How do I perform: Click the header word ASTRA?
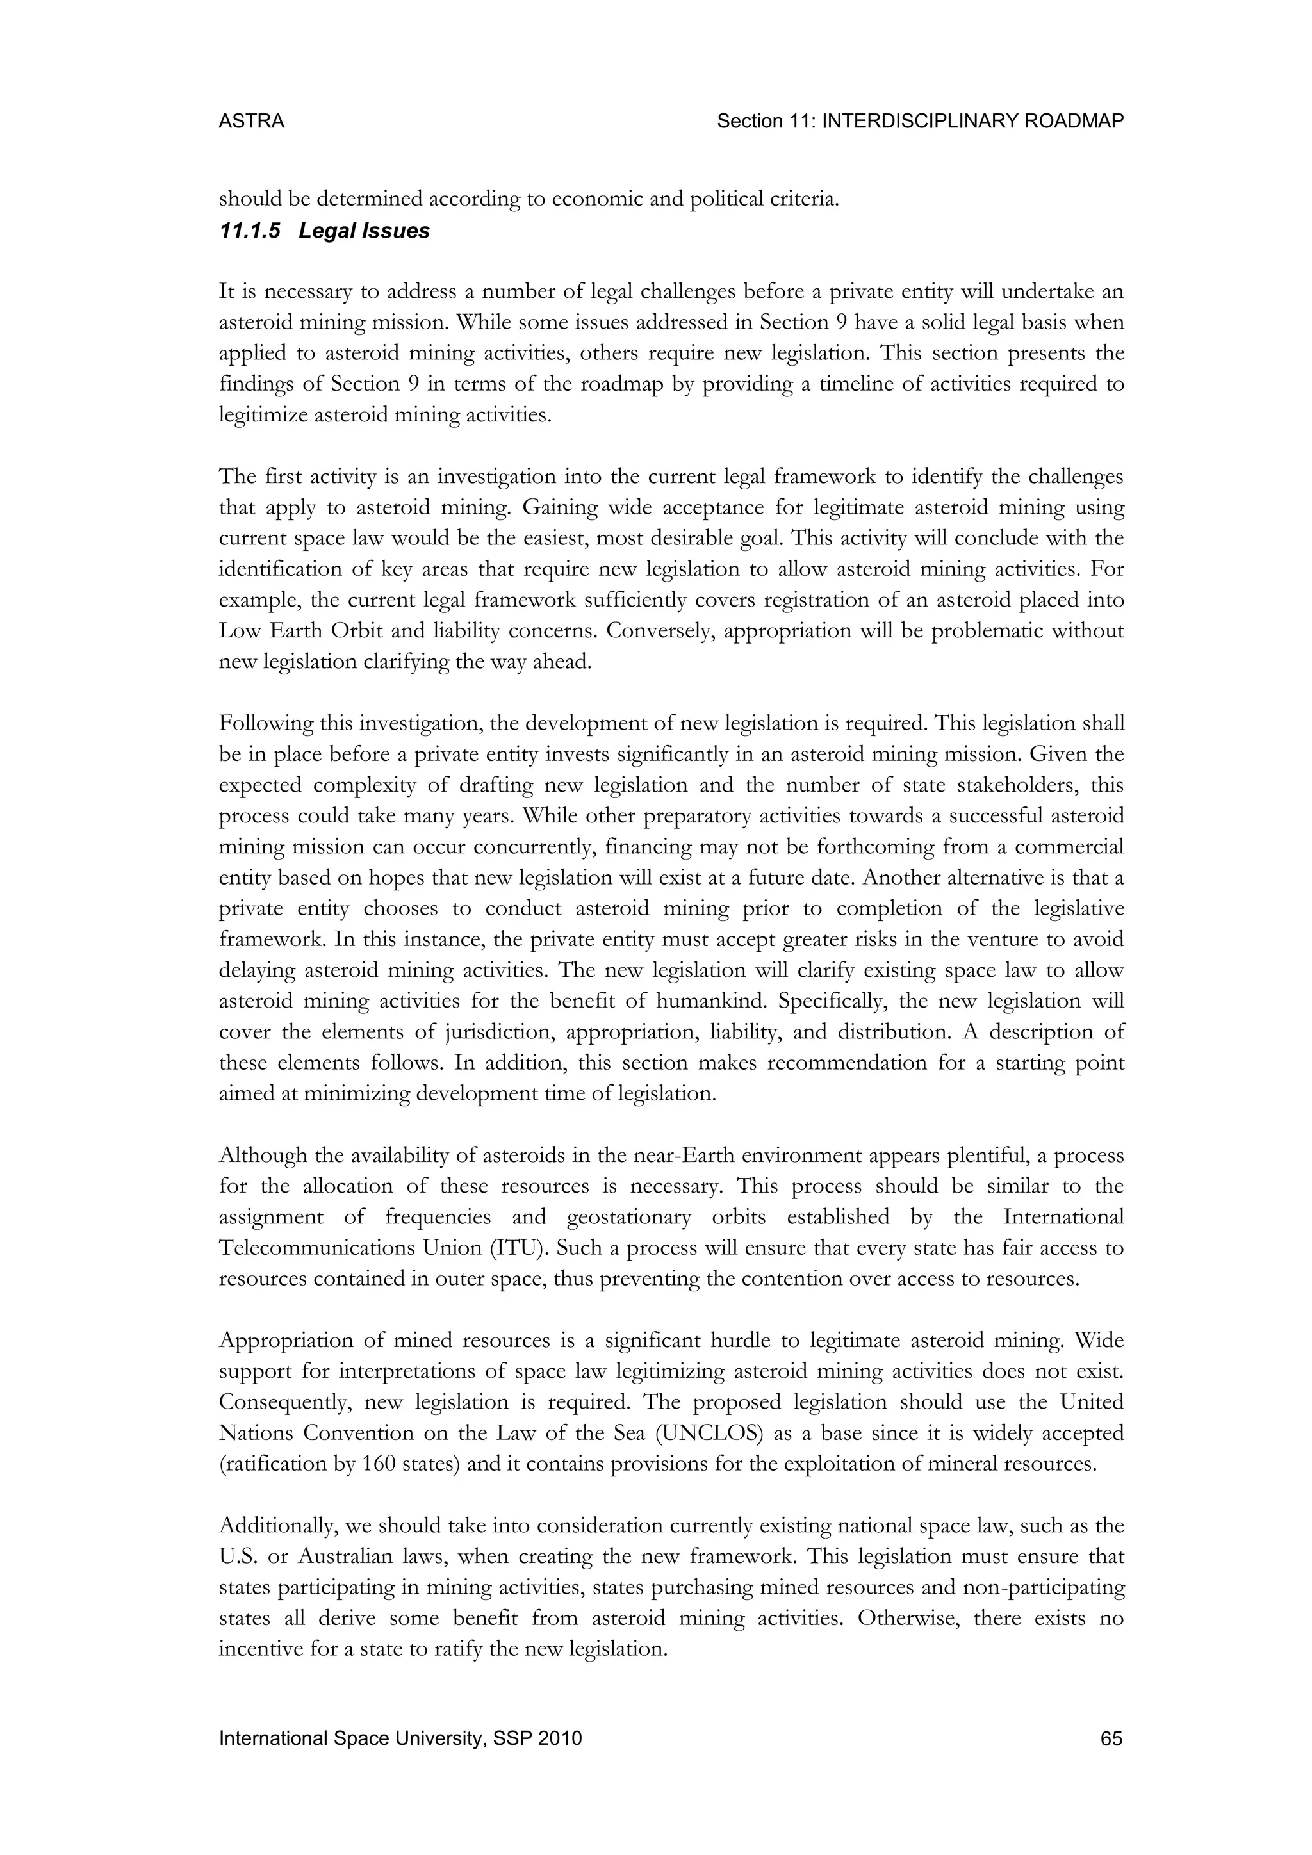(x=251, y=121)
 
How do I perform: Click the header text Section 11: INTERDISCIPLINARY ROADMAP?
(x=920, y=121)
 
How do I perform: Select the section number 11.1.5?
(x=250, y=231)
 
